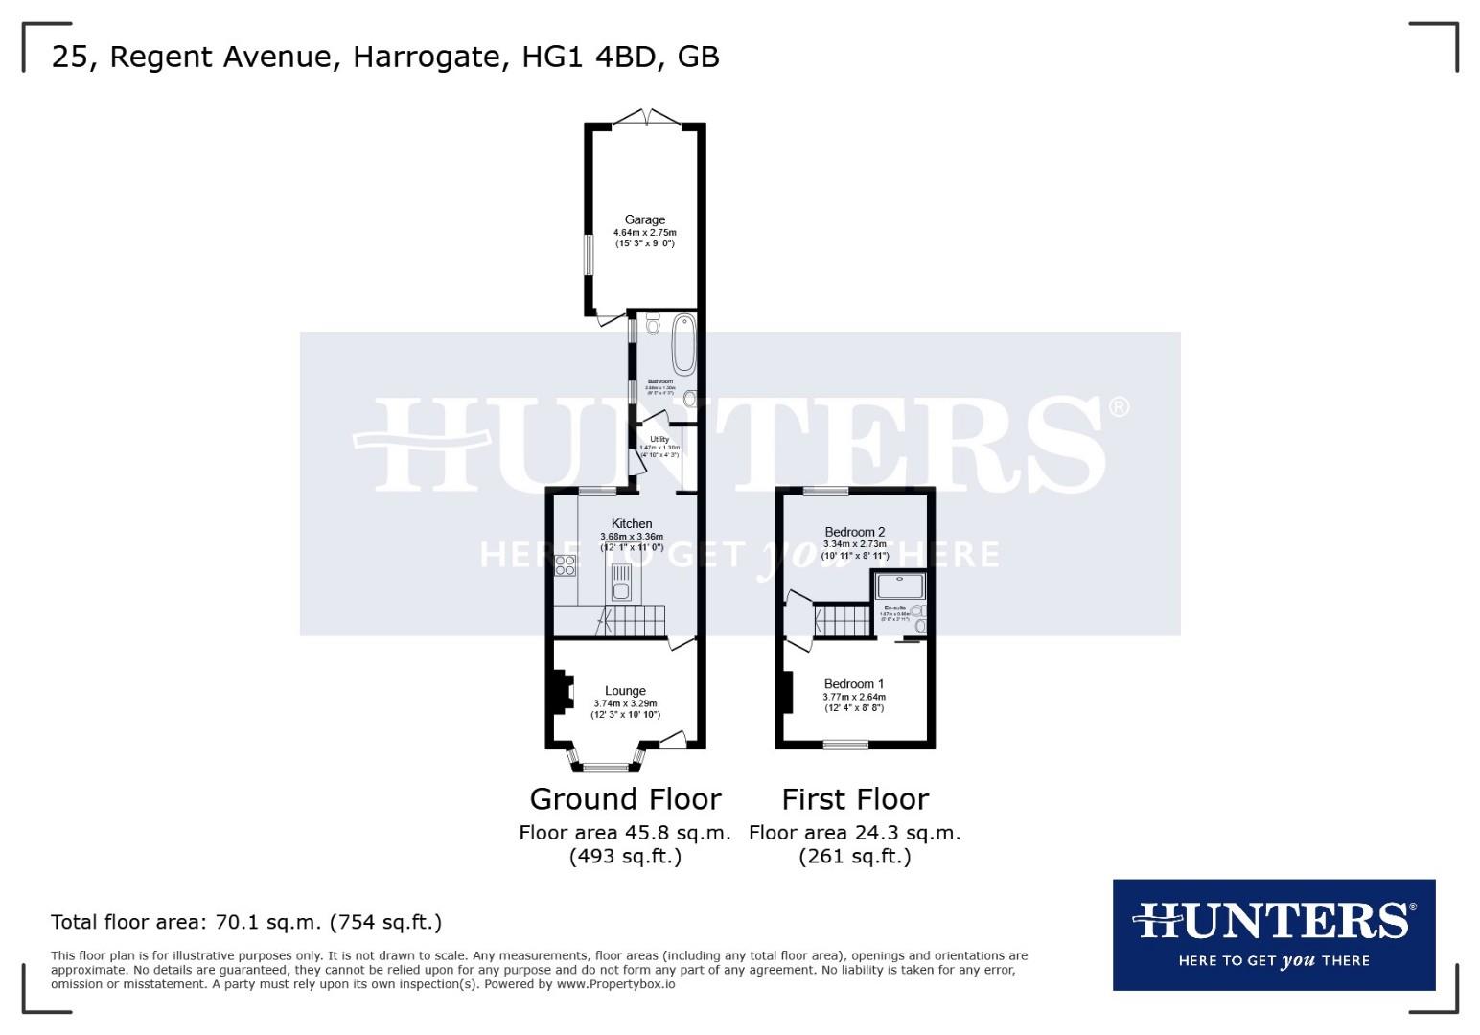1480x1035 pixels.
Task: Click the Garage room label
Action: point(644,219)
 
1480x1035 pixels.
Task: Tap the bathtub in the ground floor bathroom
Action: point(683,344)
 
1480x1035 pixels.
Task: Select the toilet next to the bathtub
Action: point(654,325)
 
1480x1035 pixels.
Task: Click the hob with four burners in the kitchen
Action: point(566,565)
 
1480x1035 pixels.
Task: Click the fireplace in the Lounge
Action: point(562,691)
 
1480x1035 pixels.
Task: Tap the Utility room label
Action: point(659,439)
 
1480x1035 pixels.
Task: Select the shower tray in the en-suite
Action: point(900,586)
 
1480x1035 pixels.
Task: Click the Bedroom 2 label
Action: point(854,532)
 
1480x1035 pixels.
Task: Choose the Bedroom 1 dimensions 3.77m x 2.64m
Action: point(854,697)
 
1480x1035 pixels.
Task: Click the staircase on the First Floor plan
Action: point(842,620)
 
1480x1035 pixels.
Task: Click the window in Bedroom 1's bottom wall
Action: point(845,744)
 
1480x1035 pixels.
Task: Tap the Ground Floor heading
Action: point(625,798)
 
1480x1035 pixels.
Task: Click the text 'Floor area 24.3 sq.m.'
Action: point(854,833)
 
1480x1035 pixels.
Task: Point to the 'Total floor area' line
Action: point(246,922)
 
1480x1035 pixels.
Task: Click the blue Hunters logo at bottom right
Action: point(1273,934)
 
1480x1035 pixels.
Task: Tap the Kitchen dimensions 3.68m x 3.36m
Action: point(632,537)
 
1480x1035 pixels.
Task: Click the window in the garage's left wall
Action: point(590,255)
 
